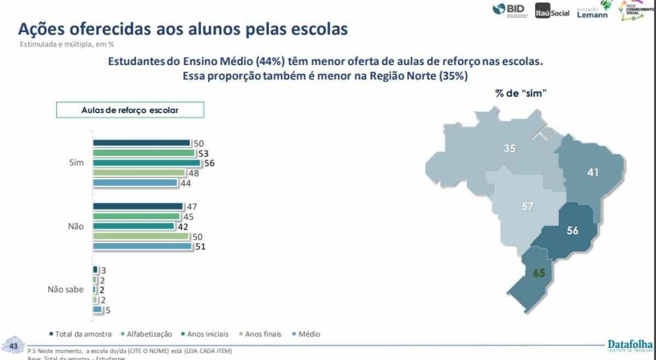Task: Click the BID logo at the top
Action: [x=508, y=10]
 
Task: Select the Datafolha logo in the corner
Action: [x=630, y=345]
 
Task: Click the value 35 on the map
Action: [x=509, y=148]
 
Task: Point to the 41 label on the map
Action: [x=593, y=173]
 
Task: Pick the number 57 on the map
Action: [x=528, y=206]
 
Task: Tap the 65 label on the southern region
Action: [x=539, y=273]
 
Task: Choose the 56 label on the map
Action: [x=572, y=231]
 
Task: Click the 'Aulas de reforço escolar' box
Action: [x=130, y=110]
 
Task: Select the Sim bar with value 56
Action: [x=147, y=163]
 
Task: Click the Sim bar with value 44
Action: [x=136, y=183]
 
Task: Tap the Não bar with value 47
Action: [x=138, y=206]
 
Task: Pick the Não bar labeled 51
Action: [x=142, y=246]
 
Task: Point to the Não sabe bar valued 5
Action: [x=97, y=310]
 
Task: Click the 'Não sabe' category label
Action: [x=66, y=290]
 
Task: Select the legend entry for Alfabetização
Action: [x=149, y=334]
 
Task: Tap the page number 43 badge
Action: [x=13, y=347]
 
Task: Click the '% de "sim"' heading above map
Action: [x=521, y=93]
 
